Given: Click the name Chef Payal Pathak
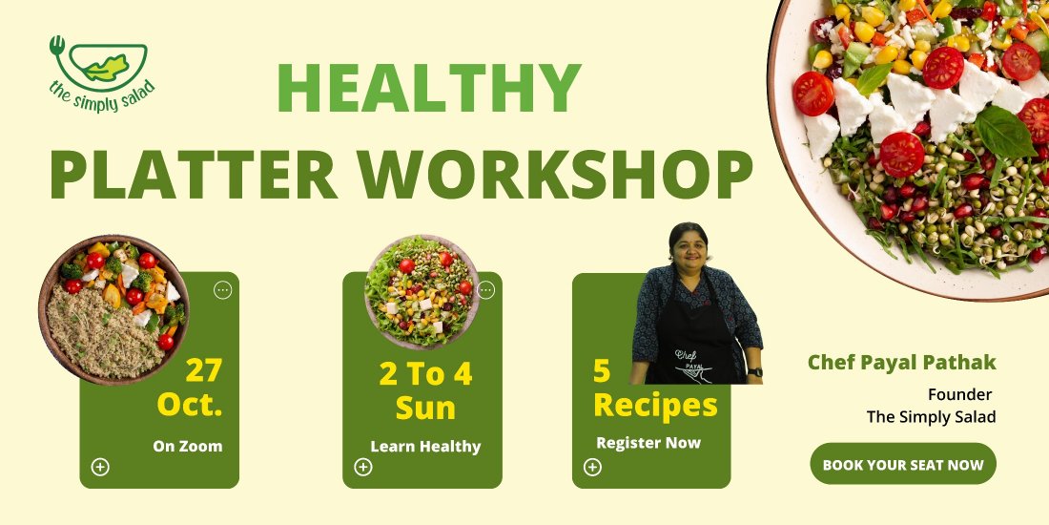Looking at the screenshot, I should (x=902, y=363).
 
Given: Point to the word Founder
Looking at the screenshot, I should (x=959, y=394).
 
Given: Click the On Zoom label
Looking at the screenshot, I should (x=187, y=446).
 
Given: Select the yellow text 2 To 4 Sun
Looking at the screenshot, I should (x=425, y=390).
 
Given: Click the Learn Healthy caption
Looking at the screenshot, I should (x=425, y=446).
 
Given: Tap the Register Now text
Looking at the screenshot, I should (x=648, y=443).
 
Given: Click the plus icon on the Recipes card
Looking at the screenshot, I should (x=592, y=467).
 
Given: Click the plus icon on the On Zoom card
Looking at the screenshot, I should (x=100, y=467).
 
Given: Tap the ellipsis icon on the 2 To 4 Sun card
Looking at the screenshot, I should (x=485, y=290).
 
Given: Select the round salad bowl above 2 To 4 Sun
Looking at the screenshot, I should (x=422, y=291).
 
